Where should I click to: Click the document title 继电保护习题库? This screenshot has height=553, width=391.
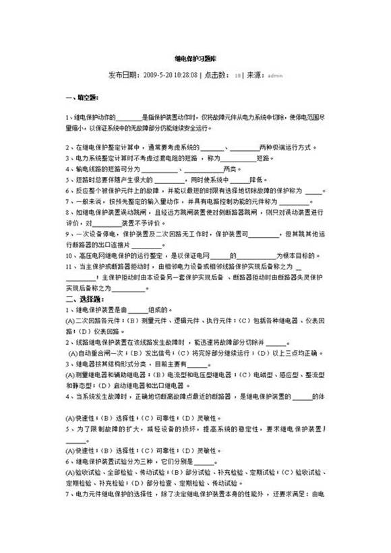195,59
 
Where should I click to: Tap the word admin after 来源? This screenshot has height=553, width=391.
275,75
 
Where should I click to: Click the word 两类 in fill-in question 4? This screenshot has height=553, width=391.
231,168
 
